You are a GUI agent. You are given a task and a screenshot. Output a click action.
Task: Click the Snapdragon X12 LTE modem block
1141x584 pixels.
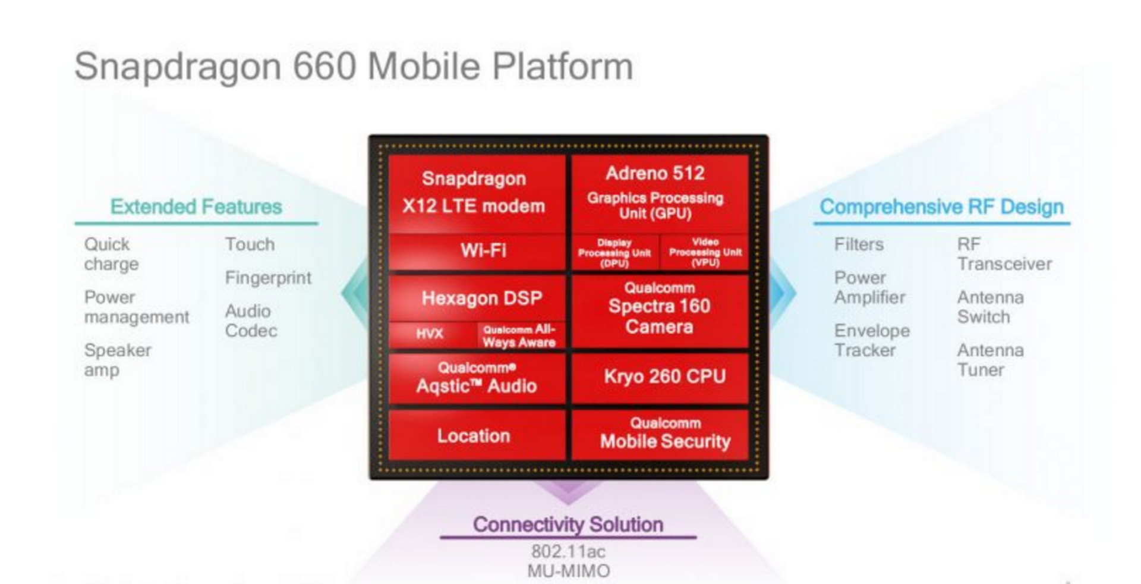[477, 193]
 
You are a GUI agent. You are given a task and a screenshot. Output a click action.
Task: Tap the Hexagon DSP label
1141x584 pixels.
[481, 298]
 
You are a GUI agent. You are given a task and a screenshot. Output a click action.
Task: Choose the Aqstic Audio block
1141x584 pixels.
[477, 378]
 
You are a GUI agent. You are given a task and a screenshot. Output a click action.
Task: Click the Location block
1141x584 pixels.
[477, 435]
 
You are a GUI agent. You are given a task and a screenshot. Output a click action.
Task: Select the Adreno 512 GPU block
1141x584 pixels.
[660, 194]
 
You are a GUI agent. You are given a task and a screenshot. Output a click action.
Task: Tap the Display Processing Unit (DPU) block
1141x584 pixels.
[615, 253]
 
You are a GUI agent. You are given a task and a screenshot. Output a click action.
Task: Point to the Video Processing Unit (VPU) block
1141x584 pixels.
[705, 253]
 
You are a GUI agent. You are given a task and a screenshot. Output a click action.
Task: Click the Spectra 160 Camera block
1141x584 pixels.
[660, 310]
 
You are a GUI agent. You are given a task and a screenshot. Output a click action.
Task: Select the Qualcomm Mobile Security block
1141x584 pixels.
[660, 435]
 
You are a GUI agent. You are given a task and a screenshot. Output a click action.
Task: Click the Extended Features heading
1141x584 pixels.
[196, 207]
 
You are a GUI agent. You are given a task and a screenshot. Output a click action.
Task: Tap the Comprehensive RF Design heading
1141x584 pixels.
[941, 207]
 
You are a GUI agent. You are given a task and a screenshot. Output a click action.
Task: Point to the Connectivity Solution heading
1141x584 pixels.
[568, 525]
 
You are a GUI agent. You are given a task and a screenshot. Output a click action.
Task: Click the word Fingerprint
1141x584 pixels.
[268, 278]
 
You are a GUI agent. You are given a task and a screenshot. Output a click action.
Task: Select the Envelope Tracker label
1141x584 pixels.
[872, 340]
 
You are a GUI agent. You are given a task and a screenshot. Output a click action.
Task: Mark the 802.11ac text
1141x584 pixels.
[569, 551]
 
